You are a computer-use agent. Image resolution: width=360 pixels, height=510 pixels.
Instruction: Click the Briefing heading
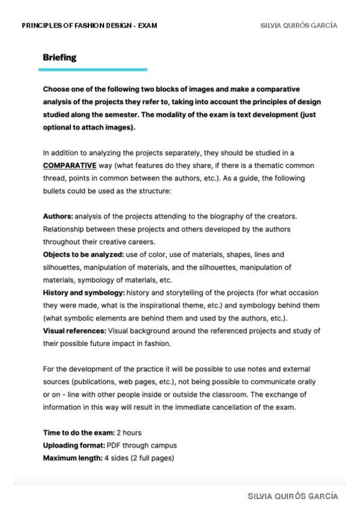pos(59,58)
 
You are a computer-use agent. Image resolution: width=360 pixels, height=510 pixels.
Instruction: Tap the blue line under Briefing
pos(93,70)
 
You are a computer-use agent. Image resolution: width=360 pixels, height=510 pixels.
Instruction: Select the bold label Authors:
pos(58,215)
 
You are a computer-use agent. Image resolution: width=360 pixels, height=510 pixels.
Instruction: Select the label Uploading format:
pos(74,445)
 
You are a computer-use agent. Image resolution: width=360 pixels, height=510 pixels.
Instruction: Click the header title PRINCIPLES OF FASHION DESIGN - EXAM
pos(90,26)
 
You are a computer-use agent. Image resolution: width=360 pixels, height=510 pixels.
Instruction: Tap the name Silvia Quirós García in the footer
pos(293,496)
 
